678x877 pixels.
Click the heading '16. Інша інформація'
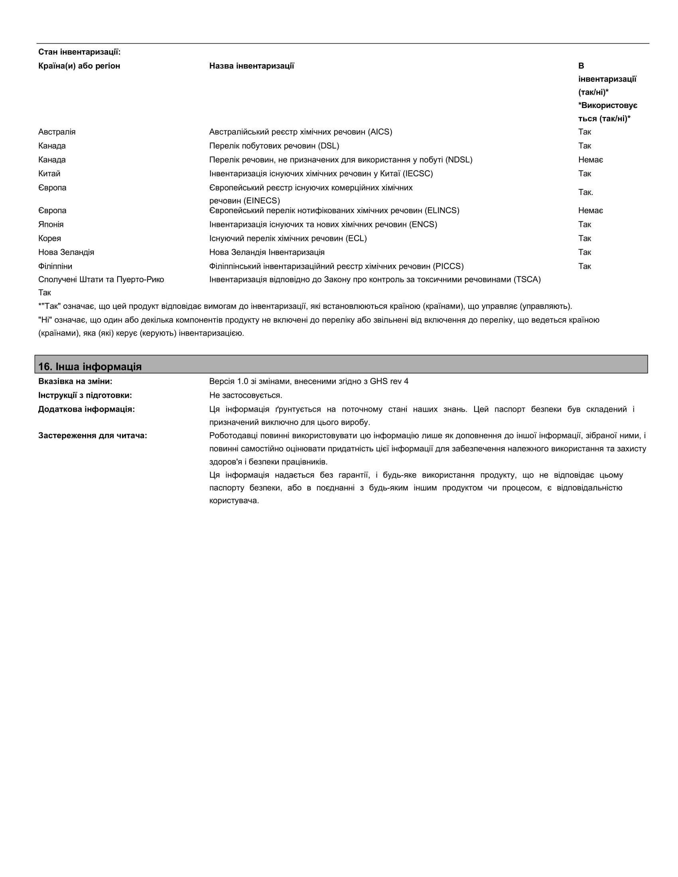click(90, 366)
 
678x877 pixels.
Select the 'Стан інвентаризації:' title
click(79, 52)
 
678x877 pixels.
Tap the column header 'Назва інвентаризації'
click(251, 66)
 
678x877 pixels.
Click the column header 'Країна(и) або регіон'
click(79, 66)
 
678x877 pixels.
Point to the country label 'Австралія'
click(57, 132)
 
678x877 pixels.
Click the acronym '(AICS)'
click(380, 132)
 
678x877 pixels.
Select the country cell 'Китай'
click(49, 173)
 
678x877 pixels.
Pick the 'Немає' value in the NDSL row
click(590, 160)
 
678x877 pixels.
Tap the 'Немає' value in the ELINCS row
click(590, 210)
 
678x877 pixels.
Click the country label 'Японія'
click(51, 224)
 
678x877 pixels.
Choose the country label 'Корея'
click(50, 238)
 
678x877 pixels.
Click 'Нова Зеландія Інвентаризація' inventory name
click(267, 252)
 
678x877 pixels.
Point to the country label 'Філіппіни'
click(55, 266)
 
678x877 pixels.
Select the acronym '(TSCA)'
click(527, 279)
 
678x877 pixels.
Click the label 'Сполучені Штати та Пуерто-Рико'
click(101, 279)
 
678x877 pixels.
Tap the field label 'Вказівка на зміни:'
click(75, 381)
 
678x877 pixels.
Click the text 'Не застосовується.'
click(246, 395)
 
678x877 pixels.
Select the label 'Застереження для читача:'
click(93, 435)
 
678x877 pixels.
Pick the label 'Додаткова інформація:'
click(87, 409)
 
